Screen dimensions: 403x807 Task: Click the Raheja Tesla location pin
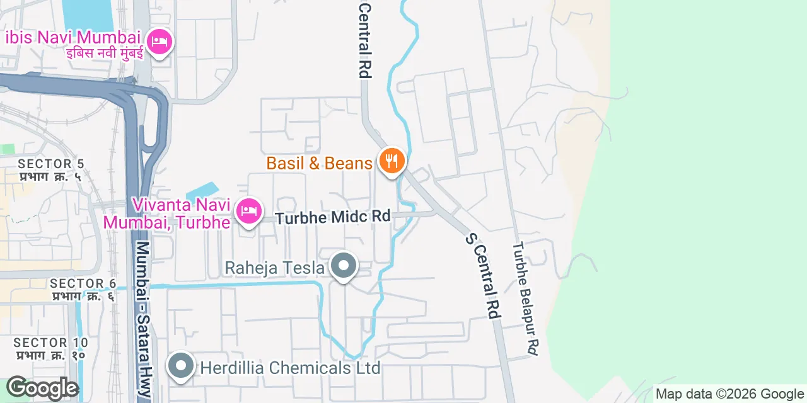(344, 266)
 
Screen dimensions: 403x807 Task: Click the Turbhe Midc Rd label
(333, 216)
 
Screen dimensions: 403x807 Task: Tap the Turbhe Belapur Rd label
(526, 298)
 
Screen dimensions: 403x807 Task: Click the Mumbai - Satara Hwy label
(144, 319)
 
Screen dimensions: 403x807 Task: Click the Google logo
(42, 388)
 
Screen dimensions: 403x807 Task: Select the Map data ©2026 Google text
(729, 394)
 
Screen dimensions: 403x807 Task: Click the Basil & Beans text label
(319, 163)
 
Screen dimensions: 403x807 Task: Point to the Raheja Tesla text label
(274, 268)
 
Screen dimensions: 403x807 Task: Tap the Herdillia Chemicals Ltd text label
(290, 367)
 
